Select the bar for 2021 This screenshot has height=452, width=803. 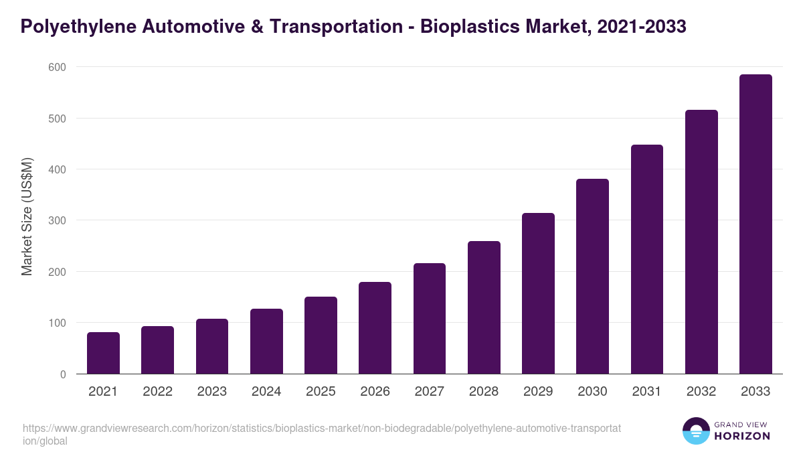click(103, 353)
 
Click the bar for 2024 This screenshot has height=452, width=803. click(266, 342)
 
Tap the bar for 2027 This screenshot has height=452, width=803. click(430, 319)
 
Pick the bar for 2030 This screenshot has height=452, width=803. click(592, 277)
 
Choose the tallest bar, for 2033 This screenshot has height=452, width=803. click(755, 224)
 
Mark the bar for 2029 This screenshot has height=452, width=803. click(538, 293)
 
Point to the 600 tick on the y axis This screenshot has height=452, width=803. click(57, 67)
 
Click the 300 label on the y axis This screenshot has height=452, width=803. click(57, 220)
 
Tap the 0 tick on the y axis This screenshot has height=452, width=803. click(62, 374)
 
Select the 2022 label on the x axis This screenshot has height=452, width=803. click(157, 392)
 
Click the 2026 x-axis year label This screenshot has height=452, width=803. click(375, 392)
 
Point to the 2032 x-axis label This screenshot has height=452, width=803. click(701, 392)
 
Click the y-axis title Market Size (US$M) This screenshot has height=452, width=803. click(27, 216)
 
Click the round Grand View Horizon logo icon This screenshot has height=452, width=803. click(695, 431)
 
